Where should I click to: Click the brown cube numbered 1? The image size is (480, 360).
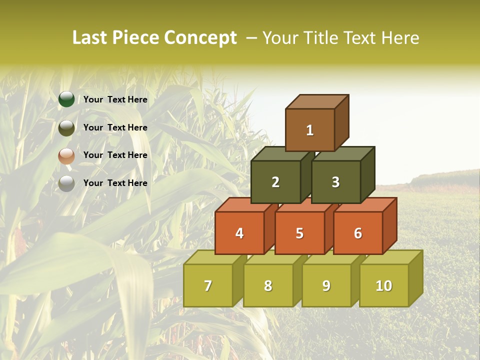click(x=310, y=130)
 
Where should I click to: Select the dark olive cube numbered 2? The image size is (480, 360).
click(x=275, y=182)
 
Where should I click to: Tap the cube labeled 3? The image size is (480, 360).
click(x=335, y=182)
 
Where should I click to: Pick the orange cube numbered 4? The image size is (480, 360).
click(x=239, y=233)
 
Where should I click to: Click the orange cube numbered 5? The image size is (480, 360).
click(x=299, y=233)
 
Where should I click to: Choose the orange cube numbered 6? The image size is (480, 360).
click(x=358, y=233)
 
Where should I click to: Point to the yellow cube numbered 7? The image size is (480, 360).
click(x=208, y=285)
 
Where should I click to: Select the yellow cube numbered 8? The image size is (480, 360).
click(x=268, y=285)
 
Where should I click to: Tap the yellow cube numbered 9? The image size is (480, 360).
click(x=326, y=285)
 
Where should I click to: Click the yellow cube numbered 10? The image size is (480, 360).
click(x=384, y=285)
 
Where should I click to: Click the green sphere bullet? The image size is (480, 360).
click(x=66, y=99)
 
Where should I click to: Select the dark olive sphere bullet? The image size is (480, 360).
click(x=66, y=128)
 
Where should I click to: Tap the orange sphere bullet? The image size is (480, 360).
click(x=66, y=156)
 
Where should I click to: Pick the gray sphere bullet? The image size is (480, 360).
click(x=66, y=183)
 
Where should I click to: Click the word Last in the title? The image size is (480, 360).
click(x=90, y=38)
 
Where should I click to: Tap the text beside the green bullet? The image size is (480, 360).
click(x=115, y=99)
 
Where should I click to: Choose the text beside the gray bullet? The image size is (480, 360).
click(x=115, y=183)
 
